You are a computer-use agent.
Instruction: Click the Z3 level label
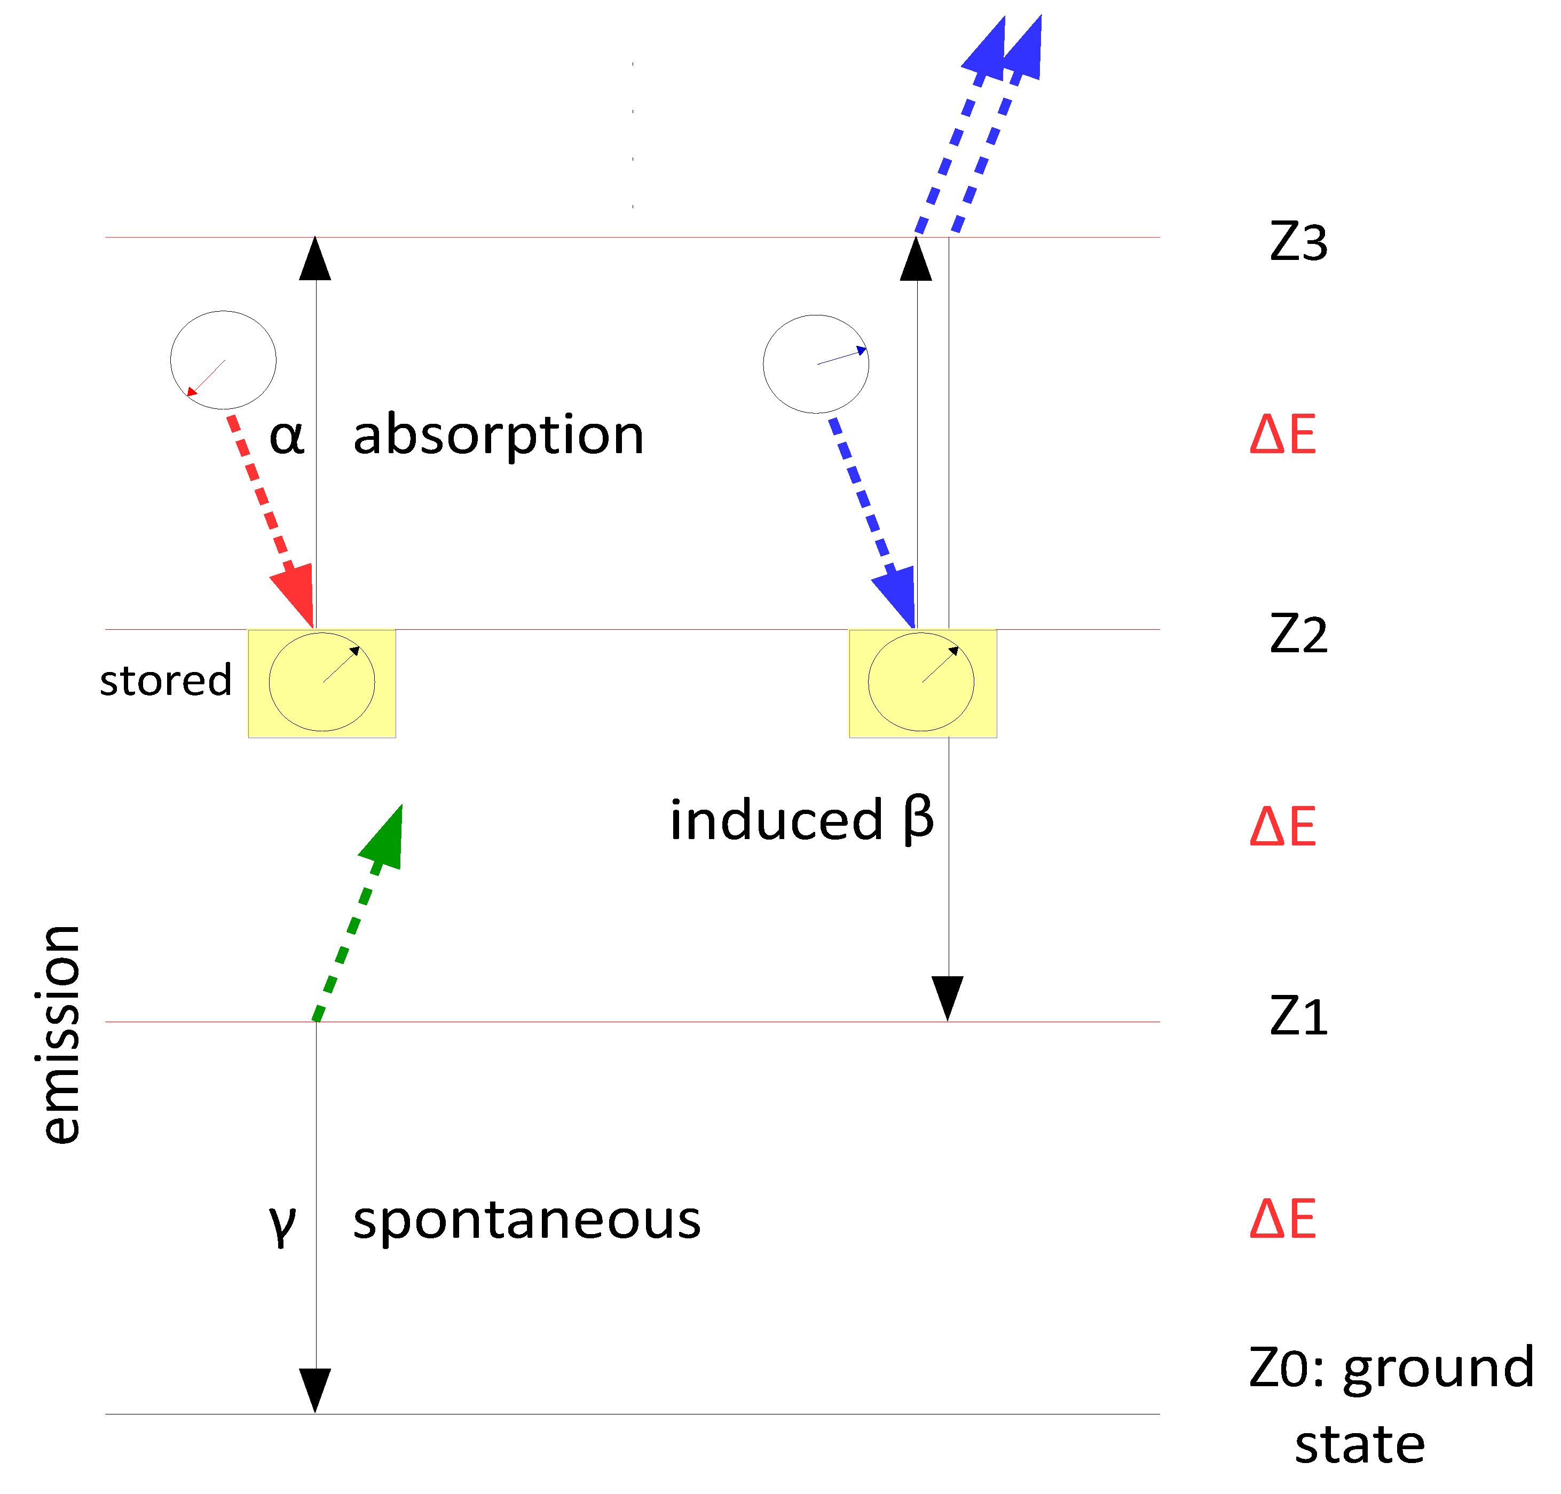point(1298,243)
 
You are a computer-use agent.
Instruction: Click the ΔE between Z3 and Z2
point(1283,435)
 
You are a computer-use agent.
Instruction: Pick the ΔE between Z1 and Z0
point(1283,1219)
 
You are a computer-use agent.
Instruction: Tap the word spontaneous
point(526,1220)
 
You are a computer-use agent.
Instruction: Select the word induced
point(777,820)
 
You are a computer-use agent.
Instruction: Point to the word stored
point(165,681)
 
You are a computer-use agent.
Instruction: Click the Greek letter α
point(287,437)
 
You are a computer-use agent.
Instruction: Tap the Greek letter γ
point(283,1222)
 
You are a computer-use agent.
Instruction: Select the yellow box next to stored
point(322,683)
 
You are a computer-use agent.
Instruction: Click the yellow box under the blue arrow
point(923,683)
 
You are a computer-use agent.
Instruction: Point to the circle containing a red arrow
point(223,360)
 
